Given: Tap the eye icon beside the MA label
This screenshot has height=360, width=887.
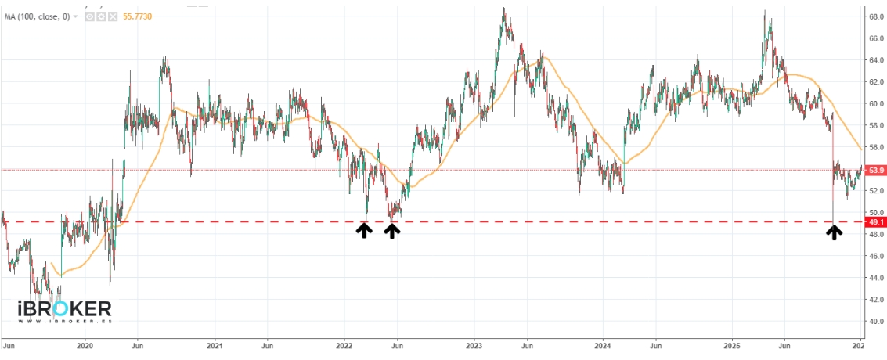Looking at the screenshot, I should [88, 16].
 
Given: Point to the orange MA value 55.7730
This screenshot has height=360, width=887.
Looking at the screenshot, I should [144, 16].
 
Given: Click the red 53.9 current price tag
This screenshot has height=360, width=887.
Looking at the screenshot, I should [876, 170].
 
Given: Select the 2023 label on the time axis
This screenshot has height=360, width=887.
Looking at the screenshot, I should [474, 344].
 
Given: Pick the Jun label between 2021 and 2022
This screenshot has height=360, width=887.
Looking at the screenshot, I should [266, 344].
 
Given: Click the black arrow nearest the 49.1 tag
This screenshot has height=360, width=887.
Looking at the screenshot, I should [835, 232].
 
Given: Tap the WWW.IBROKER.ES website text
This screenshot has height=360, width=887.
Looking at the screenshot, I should [64, 321].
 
